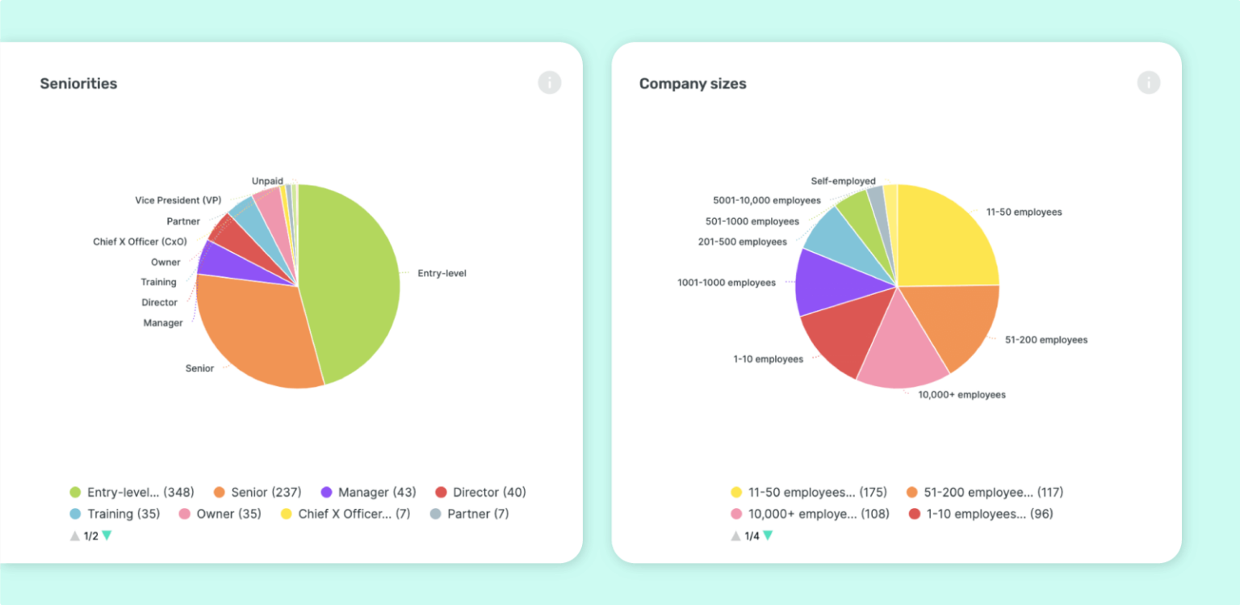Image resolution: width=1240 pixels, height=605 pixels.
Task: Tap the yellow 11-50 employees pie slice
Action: pos(945,238)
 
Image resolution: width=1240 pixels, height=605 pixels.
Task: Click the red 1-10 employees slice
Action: pos(836,335)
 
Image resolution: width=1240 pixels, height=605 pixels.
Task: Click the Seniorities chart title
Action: pos(78,83)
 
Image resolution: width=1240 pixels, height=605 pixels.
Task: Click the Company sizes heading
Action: pos(692,83)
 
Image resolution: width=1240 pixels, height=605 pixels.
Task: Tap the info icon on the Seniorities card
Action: pos(549,82)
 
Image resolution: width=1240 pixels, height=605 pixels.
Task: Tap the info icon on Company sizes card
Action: pos(1148,82)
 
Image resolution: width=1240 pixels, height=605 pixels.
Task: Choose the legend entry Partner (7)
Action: pos(477,514)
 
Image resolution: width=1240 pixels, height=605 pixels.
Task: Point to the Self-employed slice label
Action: pos(843,181)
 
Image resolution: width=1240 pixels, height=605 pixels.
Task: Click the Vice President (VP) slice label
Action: pos(178,200)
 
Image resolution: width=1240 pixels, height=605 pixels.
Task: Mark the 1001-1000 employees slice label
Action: pos(726,283)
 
